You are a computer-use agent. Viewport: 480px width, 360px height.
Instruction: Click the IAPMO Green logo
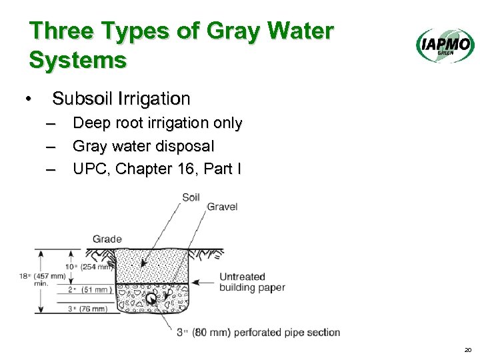point(445,46)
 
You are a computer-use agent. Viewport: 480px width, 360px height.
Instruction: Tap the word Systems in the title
point(78,61)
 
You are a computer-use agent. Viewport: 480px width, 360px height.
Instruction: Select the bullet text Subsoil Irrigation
point(121,99)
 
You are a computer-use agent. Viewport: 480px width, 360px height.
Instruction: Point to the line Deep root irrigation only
point(157,123)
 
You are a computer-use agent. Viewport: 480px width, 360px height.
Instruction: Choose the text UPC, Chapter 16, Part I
point(157,169)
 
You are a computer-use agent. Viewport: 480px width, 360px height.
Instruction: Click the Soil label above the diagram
point(191,197)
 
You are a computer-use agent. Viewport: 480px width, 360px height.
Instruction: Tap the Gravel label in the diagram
point(222,207)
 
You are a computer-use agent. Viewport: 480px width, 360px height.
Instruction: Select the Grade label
point(107,239)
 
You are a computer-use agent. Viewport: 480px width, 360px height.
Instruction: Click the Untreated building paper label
point(252,282)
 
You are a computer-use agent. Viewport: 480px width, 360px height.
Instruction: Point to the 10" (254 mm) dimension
point(90,267)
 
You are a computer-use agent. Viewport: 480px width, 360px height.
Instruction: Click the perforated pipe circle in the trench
point(153,300)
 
